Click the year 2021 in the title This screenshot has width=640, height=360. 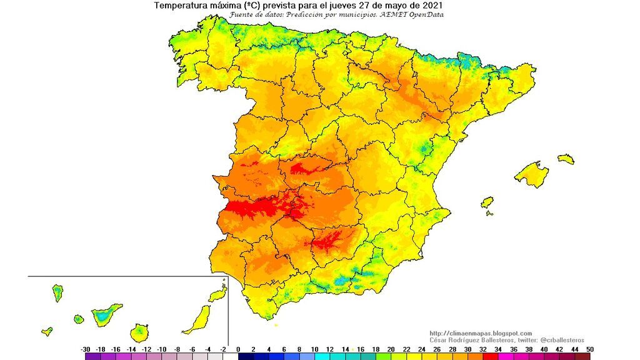click(433, 6)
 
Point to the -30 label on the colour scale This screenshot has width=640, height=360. click(86, 349)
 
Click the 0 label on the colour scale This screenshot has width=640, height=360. click(239, 349)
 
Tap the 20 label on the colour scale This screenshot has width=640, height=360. click(391, 349)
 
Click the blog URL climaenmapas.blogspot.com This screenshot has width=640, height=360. click(481, 333)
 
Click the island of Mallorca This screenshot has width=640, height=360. click(532, 174)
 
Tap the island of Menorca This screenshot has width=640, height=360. click(566, 159)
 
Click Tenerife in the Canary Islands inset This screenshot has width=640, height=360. click(106, 312)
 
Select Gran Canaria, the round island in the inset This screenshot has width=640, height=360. click(140, 332)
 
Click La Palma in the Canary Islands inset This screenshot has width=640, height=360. click(57, 292)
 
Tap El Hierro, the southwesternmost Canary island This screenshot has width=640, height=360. click(47, 331)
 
